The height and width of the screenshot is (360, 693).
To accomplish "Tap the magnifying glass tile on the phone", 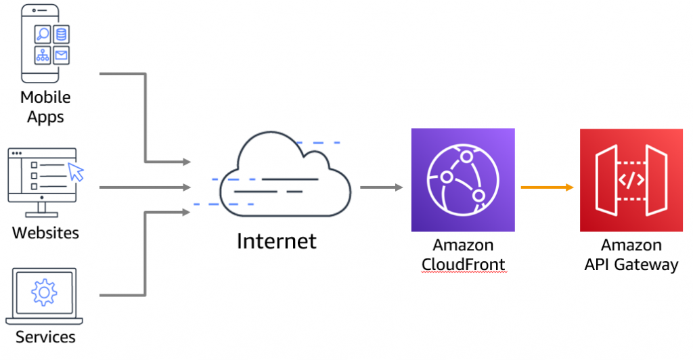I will click(x=43, y=35).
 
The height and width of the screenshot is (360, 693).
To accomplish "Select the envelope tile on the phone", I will click(x=62, y=55).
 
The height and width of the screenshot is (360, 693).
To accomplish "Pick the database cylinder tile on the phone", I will click(x=62, y=35).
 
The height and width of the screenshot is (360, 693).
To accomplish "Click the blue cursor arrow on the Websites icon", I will click(x=76, y=171).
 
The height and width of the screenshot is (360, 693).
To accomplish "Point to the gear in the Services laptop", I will click(x=44, y=292).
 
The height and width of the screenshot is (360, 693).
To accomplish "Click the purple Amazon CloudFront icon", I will click(x=462, y=179).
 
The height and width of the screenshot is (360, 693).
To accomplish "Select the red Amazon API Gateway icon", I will click(x=631, y=179).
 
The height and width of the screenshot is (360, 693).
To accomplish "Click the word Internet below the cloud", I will click(x=276, y=241).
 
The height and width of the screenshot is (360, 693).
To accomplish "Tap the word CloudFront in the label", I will click(x=463, y=264).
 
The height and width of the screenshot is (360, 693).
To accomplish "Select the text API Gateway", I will click(x=631, y=264).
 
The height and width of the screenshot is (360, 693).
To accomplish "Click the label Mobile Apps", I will click(x=45, y=107).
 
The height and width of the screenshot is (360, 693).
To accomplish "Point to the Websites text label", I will click(x=45, y=233).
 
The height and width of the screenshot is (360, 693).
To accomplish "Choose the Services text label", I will click(x=45, y=336).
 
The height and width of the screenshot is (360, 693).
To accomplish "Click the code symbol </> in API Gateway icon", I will click(x=631, y=180).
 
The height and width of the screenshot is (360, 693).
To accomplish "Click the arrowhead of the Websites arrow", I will click(x=186, y=187).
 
